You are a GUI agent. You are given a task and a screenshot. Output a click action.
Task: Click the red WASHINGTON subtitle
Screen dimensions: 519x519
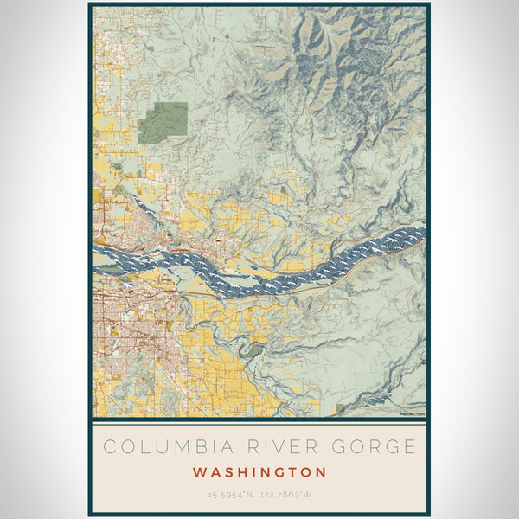point(259,473)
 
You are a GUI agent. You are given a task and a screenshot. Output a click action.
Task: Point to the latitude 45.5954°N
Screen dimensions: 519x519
point(228,496)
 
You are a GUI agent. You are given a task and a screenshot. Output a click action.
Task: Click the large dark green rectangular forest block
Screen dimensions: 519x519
point(163,123)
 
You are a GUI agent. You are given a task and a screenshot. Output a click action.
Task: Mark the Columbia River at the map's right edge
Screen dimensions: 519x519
point(420,234)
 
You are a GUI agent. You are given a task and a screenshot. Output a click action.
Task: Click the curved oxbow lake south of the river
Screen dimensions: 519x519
point(251,350)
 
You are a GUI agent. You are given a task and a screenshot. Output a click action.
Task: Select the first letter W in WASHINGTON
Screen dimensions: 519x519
point(200,473)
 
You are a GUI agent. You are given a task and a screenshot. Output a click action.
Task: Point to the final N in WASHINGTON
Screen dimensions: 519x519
point(321,473)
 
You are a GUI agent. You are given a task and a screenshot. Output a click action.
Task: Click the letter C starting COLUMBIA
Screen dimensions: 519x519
point(109,447)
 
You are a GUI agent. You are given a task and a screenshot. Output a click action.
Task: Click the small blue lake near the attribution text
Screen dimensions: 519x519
point(374,402)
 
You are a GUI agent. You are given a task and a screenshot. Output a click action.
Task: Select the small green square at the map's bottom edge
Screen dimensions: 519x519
point(340,409)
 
